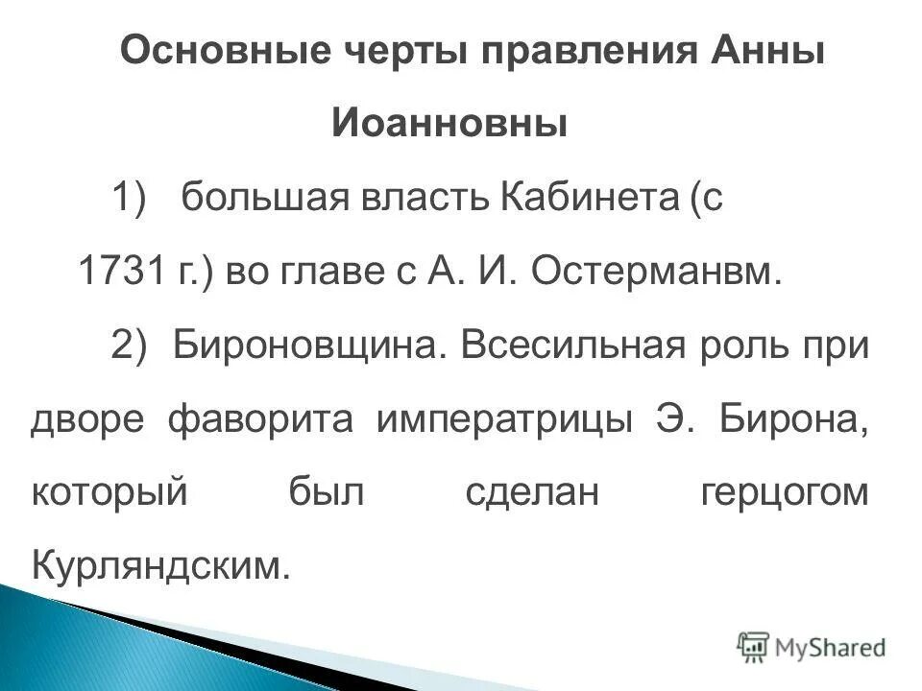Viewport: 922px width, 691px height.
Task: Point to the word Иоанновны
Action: click(450, 124)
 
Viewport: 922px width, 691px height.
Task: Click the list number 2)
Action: click(133, 345)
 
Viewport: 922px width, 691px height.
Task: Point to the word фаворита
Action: click(266, 419)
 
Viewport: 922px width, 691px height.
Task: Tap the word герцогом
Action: click(785, 492)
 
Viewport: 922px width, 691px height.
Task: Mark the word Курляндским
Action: click(160, 565)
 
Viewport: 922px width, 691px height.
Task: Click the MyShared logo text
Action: click(830, 647)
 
